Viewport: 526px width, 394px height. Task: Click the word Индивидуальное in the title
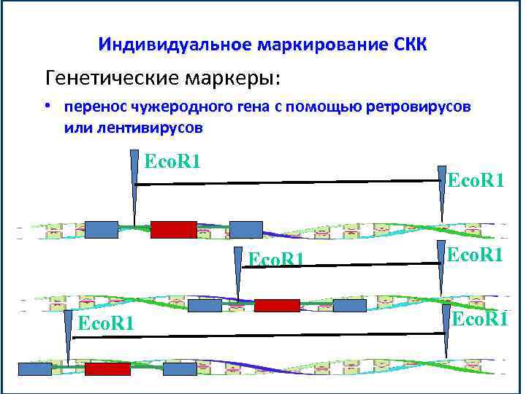click(x=175, y=45)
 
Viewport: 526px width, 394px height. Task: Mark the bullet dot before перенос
click(x=47, y=107)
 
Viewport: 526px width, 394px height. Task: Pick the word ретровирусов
click(x=419, y=107)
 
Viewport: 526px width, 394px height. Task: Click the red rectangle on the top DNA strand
click(x=173, y=229)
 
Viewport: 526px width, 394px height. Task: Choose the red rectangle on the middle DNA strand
click(x=277, y=305)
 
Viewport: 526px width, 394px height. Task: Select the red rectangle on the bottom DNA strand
click(x=107, y=369)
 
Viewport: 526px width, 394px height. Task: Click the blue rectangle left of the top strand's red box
click(x=102, y=229)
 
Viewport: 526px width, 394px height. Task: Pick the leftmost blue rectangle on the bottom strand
click(x=34, y=369)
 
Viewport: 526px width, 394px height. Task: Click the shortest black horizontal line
click(x=340, y=266)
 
